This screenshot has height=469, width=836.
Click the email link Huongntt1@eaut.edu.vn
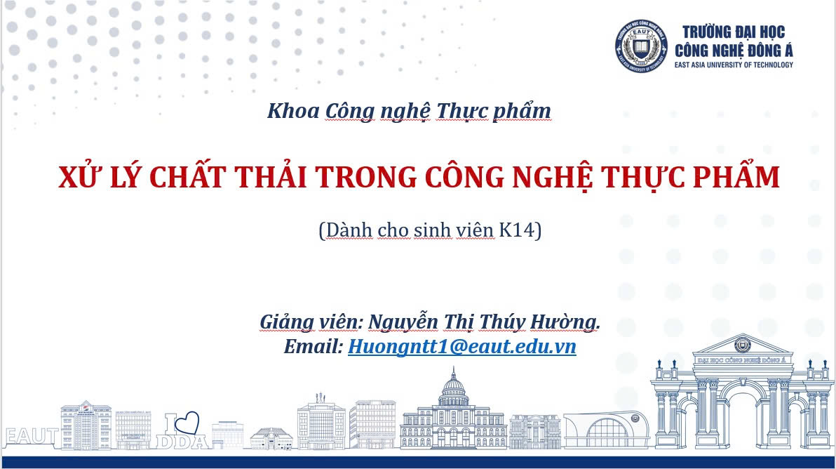pos(461,347)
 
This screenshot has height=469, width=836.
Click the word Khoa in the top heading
pos(293,111)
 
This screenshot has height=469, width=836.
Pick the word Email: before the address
pos(313,347)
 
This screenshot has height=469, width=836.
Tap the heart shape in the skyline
pos(187,423)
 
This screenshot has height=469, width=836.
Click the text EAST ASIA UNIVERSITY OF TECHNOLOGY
pos(734,65)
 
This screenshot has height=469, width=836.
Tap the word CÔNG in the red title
pos(464,177)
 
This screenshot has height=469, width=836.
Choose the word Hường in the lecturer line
pos(565,322)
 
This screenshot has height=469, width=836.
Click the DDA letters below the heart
pos(182,442)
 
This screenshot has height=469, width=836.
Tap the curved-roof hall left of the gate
pos(607,430)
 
